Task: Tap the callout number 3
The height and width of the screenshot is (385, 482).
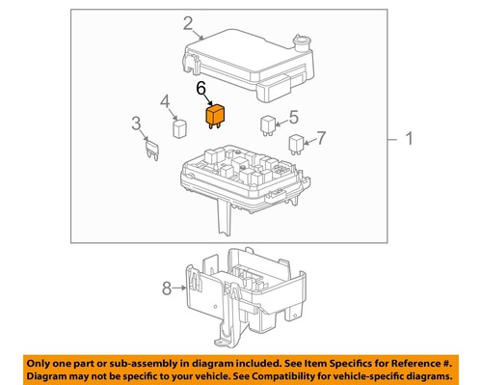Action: pos(137,123)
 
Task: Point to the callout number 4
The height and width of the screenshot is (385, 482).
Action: pos(165,100)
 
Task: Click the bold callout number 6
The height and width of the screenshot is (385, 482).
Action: pos(201,90)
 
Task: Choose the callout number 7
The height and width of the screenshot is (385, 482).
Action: pos(323,137)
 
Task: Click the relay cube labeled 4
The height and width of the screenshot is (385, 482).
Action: pos(179,127)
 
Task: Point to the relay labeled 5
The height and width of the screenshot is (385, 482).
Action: pos(267,123)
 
